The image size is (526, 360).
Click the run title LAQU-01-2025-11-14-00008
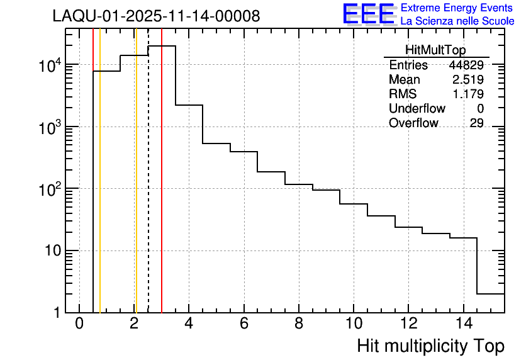(156, 16)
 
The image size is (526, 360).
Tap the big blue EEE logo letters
(369, 14)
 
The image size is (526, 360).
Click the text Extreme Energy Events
(457, 8)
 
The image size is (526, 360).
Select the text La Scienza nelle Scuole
(457, 21)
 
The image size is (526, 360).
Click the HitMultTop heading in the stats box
(435, 52)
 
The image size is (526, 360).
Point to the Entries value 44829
(466, 65)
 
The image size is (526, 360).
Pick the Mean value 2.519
(467, 80)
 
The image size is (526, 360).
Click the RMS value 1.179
(467, 94)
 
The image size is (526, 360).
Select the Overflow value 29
(476, 123)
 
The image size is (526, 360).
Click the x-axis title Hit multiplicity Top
(430, 346)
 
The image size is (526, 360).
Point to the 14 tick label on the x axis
(463, 324)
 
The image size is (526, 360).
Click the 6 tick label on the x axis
(243, 324)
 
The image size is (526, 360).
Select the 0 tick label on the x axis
(79, 324)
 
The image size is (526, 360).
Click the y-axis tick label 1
(56, 313)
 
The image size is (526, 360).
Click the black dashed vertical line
(148, 189)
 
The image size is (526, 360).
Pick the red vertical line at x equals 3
(162, 189)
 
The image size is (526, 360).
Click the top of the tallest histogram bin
(162, 46)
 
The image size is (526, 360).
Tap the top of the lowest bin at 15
(491, 293)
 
